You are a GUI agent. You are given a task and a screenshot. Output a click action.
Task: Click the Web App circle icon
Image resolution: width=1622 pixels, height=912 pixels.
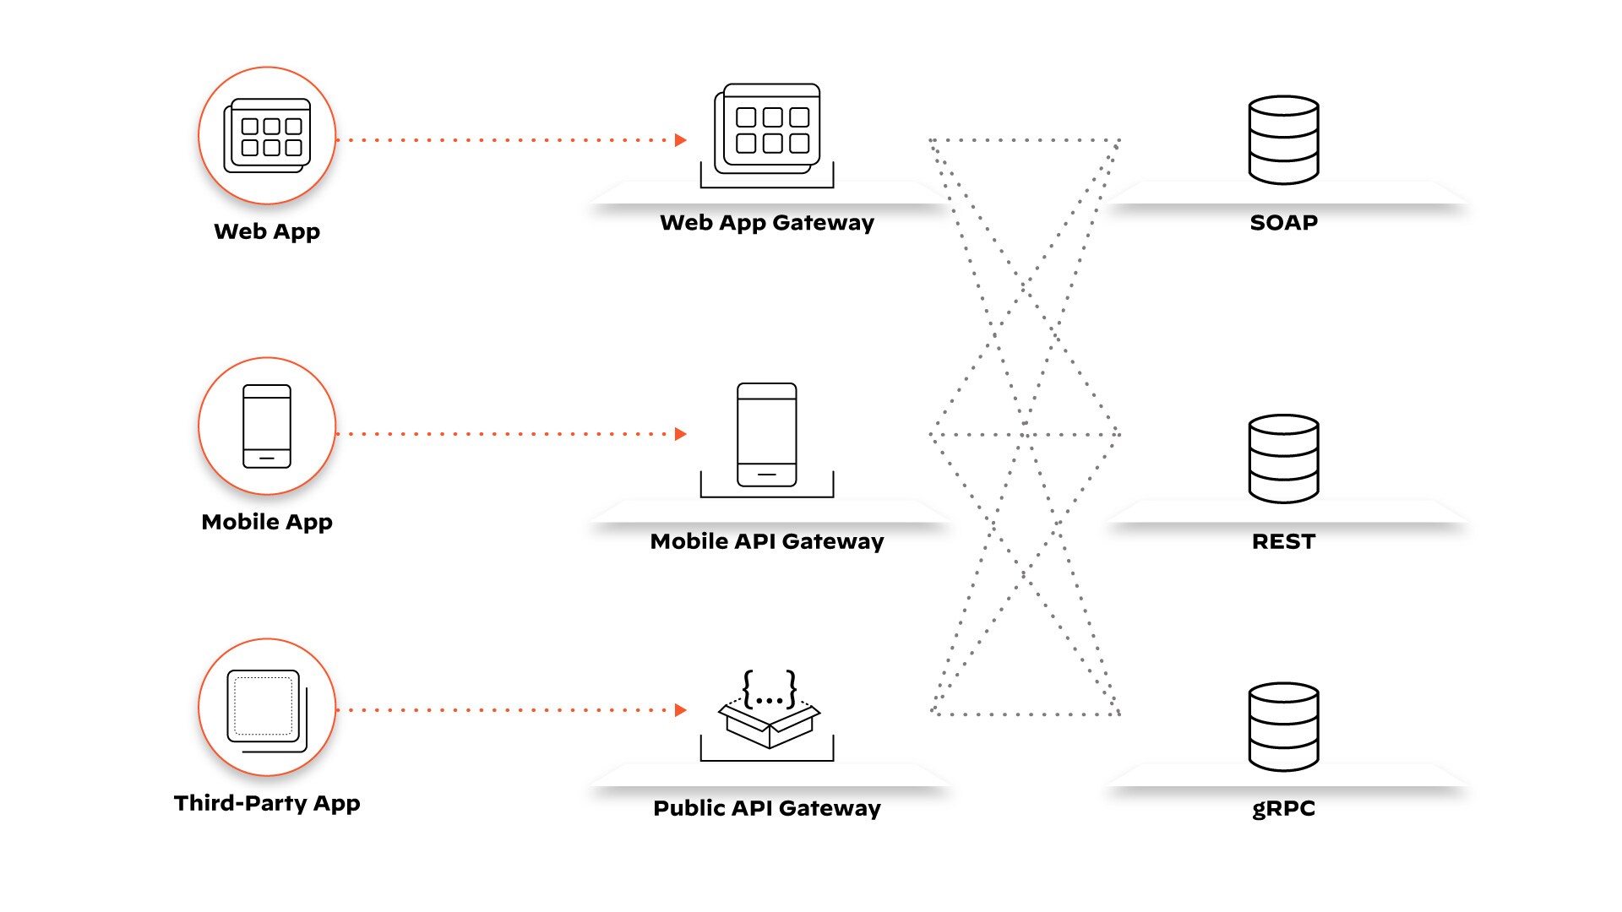tap(267, 136)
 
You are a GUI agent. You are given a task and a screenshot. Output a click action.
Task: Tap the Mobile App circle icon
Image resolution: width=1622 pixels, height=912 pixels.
tap(267, 426)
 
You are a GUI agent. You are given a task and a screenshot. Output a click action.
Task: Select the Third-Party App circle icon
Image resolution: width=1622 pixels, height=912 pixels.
tap(267, 708)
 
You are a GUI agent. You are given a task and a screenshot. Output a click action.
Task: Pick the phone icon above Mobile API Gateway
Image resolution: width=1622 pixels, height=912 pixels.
tap(767, 435)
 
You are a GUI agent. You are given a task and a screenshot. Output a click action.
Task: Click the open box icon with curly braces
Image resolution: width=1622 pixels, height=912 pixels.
tap(769, 709)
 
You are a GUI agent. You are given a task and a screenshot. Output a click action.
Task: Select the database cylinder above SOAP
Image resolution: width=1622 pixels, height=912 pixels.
tap(1283, 140)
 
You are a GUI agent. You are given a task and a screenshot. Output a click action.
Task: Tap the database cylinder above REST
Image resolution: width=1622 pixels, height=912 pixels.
tap(1283, 459)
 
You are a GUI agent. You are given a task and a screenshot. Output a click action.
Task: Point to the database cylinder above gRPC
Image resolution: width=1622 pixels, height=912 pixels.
tap(1283, 727)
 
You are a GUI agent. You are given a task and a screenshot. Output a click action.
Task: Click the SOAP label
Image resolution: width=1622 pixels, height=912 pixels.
tap(1283, 223)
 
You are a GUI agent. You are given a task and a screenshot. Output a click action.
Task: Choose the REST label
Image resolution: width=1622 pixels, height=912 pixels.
tap(1283, 542)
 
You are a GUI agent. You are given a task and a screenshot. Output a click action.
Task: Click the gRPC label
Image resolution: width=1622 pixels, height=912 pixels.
tap(1283, 809)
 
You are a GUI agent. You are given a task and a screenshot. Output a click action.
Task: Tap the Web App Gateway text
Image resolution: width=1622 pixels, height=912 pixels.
tap(767, 223)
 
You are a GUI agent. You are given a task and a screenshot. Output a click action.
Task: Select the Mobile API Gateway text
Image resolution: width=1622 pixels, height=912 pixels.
tap(767, 542)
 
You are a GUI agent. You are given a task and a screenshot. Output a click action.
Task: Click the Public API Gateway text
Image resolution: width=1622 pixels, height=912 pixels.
tap(767, 809)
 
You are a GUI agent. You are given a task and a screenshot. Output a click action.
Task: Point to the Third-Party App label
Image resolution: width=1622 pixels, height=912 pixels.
tap(267, 803)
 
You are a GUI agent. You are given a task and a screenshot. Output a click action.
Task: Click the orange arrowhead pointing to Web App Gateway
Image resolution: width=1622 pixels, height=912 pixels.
tap(681, 140)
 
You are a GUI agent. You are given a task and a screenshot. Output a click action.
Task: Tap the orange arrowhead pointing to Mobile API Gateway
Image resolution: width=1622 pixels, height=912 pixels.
tap(681, 434)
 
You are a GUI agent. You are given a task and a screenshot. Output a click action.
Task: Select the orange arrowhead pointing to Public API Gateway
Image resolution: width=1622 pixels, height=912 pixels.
tap(681, 710)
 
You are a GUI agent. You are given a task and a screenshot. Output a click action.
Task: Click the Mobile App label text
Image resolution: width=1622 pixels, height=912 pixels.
tap(267, 522)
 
